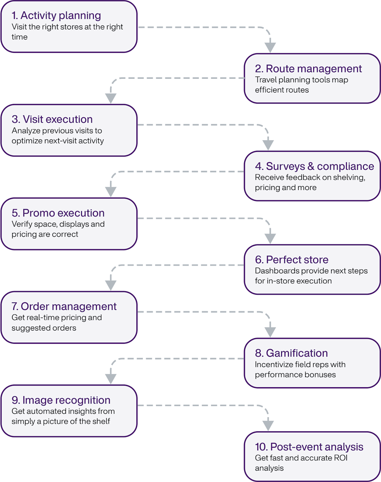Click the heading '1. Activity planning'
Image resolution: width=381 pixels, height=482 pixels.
coord(56,16)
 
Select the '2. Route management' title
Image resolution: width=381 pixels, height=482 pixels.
coord(308,69)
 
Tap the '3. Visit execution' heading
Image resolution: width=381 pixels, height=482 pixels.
coord(52,119)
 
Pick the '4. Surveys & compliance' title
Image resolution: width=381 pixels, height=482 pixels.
coord(314,166)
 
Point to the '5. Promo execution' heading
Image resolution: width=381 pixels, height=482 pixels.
coord(58,213)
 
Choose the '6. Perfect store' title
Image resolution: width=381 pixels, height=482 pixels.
coord(291,260)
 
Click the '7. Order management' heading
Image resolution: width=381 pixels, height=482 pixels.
coord(64,306)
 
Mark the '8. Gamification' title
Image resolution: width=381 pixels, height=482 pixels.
coord(291,353)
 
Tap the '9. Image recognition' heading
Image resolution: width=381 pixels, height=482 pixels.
coord(61,400)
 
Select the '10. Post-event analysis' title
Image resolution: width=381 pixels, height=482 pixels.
coord(309,447)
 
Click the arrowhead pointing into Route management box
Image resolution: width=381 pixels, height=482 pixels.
coord(270,48)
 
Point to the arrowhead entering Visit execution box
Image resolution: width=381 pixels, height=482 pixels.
coord(111,98)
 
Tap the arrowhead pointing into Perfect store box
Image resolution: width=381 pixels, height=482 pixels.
coord(270,238)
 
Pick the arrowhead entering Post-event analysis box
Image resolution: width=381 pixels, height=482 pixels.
coord(268,426)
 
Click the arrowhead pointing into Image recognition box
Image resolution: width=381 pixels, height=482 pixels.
coord(111,379)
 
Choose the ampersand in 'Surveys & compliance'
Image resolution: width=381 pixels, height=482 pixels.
coord(311,166)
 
